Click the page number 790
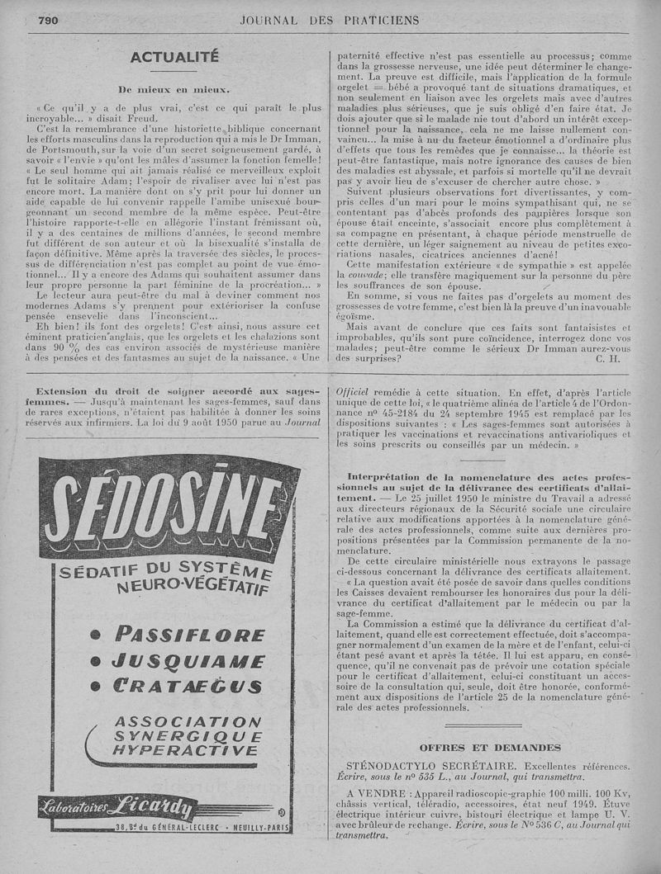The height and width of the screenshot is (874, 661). [x=48, y=21]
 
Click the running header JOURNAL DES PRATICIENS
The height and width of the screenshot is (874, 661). [x=330, y=20]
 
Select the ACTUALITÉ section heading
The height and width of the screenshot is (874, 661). [x=174, y=57]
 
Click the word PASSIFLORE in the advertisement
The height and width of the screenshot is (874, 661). [x=189, y=634]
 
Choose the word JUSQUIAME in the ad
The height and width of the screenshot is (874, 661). [x=188, y=660]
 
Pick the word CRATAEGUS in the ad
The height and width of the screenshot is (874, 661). [x=188, y=686]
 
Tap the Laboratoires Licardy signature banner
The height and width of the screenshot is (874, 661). [x=165, y=805]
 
